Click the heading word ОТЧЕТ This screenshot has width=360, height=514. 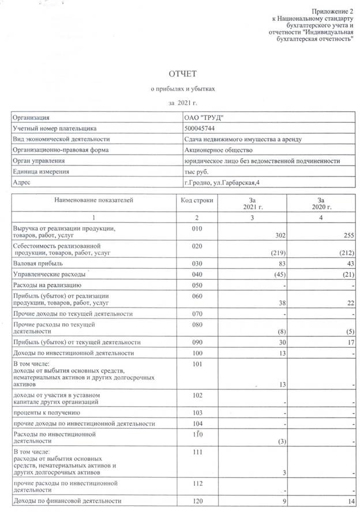pyautogui.click(x=182, y=74)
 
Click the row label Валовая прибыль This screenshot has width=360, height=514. pyautogui.click(x=37, y=263)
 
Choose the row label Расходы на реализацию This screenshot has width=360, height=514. pyautogui.click(x=47, y=285)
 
